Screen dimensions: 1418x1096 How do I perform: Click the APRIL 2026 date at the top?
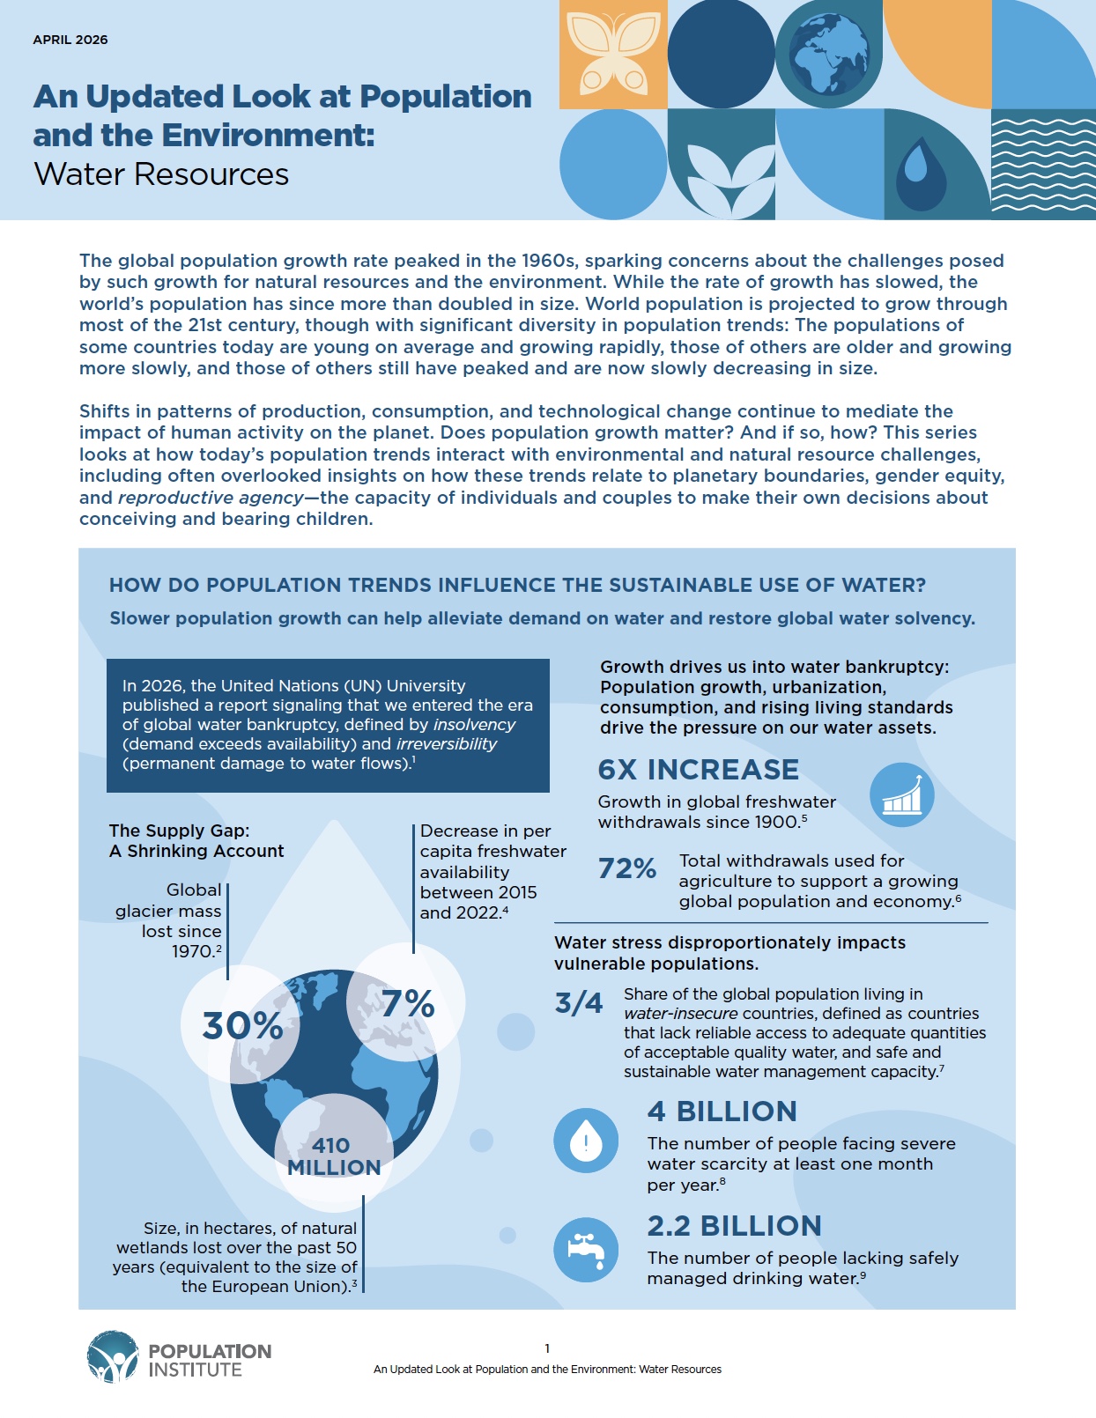point(70,40)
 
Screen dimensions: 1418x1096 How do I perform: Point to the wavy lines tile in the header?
point(1043,165)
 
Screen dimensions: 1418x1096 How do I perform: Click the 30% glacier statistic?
point(242,1026)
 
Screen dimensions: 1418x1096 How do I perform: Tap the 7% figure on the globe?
point(408,1003)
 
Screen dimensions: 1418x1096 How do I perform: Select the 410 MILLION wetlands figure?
point(334,1156)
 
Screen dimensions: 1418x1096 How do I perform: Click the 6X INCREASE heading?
point(698,770)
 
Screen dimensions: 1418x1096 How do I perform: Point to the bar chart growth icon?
point(901,794)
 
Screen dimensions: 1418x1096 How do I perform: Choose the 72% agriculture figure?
point(627,869)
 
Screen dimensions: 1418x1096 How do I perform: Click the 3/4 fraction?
point(579,1003)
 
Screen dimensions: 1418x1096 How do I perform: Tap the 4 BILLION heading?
point(722,1112)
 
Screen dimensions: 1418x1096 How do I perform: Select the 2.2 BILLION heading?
point(734,1226)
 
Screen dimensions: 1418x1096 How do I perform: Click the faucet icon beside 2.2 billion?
point(586,1250)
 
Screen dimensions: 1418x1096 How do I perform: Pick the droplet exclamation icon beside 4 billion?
point(586,1141)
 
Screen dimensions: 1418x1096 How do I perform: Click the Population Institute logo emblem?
point(113,1357)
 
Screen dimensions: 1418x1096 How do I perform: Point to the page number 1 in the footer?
point(547,1348)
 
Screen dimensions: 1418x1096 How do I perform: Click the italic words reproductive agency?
point(211,498)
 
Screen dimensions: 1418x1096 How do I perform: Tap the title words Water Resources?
point(161,174)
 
